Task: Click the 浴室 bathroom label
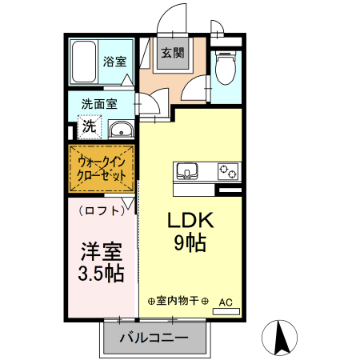tap(114, 61)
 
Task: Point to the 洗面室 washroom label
tap(99, 104)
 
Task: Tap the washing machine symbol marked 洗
tap(89, 126)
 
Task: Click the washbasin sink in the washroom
tap(120, 130)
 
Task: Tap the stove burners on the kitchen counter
tap(228, 171)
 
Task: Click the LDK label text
tap(189, 220)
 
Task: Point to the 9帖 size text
tap(190, 242)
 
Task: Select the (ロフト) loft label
tap(102, 210)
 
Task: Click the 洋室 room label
tap(100, 251)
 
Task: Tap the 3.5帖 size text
tap(100, 274)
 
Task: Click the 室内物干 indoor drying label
tap(177, 301)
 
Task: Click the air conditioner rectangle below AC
tap(226, 310)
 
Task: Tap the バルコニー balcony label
tap(154, 338)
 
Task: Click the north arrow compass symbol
tap(281, 338)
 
